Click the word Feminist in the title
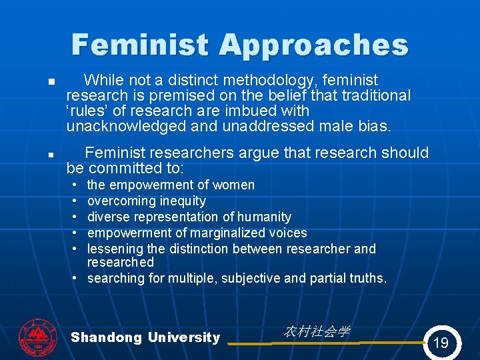[x=141, y=45]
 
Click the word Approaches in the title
[x=313, y=45]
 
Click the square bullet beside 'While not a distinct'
[x=50, y=84]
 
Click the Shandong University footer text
[x=145, y=337]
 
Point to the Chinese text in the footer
[x=317, y=331]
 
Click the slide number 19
[x=441, y=343]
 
